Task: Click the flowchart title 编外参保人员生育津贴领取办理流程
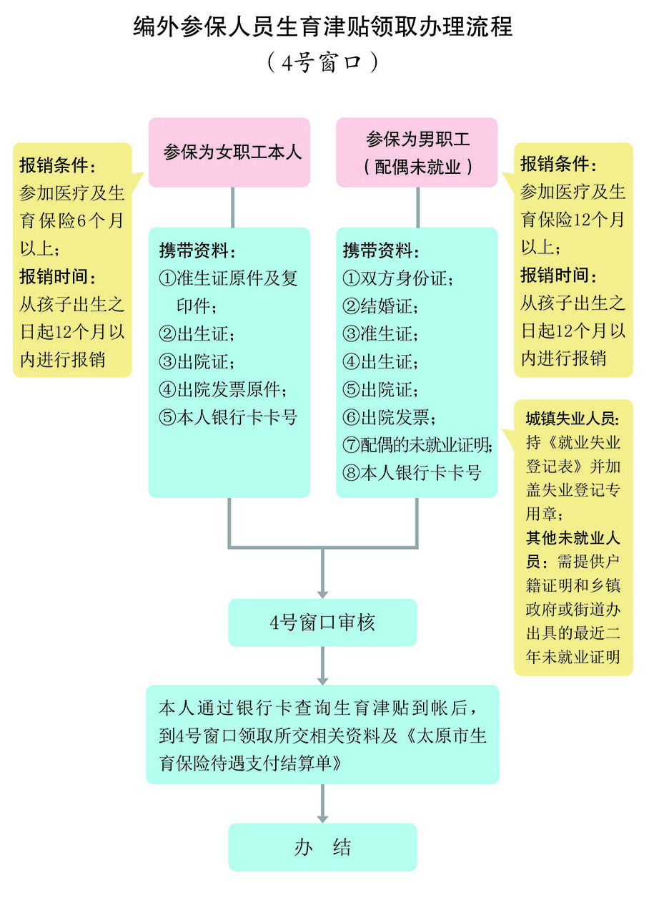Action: pyautogui.click(x=322, y=27)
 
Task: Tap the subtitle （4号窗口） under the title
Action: pyautogui.click(x=322, y=62)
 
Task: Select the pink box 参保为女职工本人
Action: pyautogui.click(x=229, y=152)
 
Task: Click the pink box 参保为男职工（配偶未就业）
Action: pyautogui.click(x=417, y=152)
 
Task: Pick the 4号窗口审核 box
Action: pyautogui.click(x=322, y=623)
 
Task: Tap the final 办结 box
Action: pyautogui.click(x=322, y=847)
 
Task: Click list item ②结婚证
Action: pyautogui.click(x=380, y=306)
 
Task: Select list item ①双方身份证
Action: pyautogui.click(x=397, y=278)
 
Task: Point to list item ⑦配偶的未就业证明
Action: pyautogui.click(x=418, y=445)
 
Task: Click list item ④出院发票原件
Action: pyautogui.click(x=223, y=390)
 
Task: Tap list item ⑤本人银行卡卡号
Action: pyautogui.click(x=228, y=418)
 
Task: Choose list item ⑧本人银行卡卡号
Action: pyautogui.click(x=412, y=473)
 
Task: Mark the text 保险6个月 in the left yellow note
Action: pyautogui.click(x=78, y=221)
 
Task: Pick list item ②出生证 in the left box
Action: pyautogui.click(x=197, y=334)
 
